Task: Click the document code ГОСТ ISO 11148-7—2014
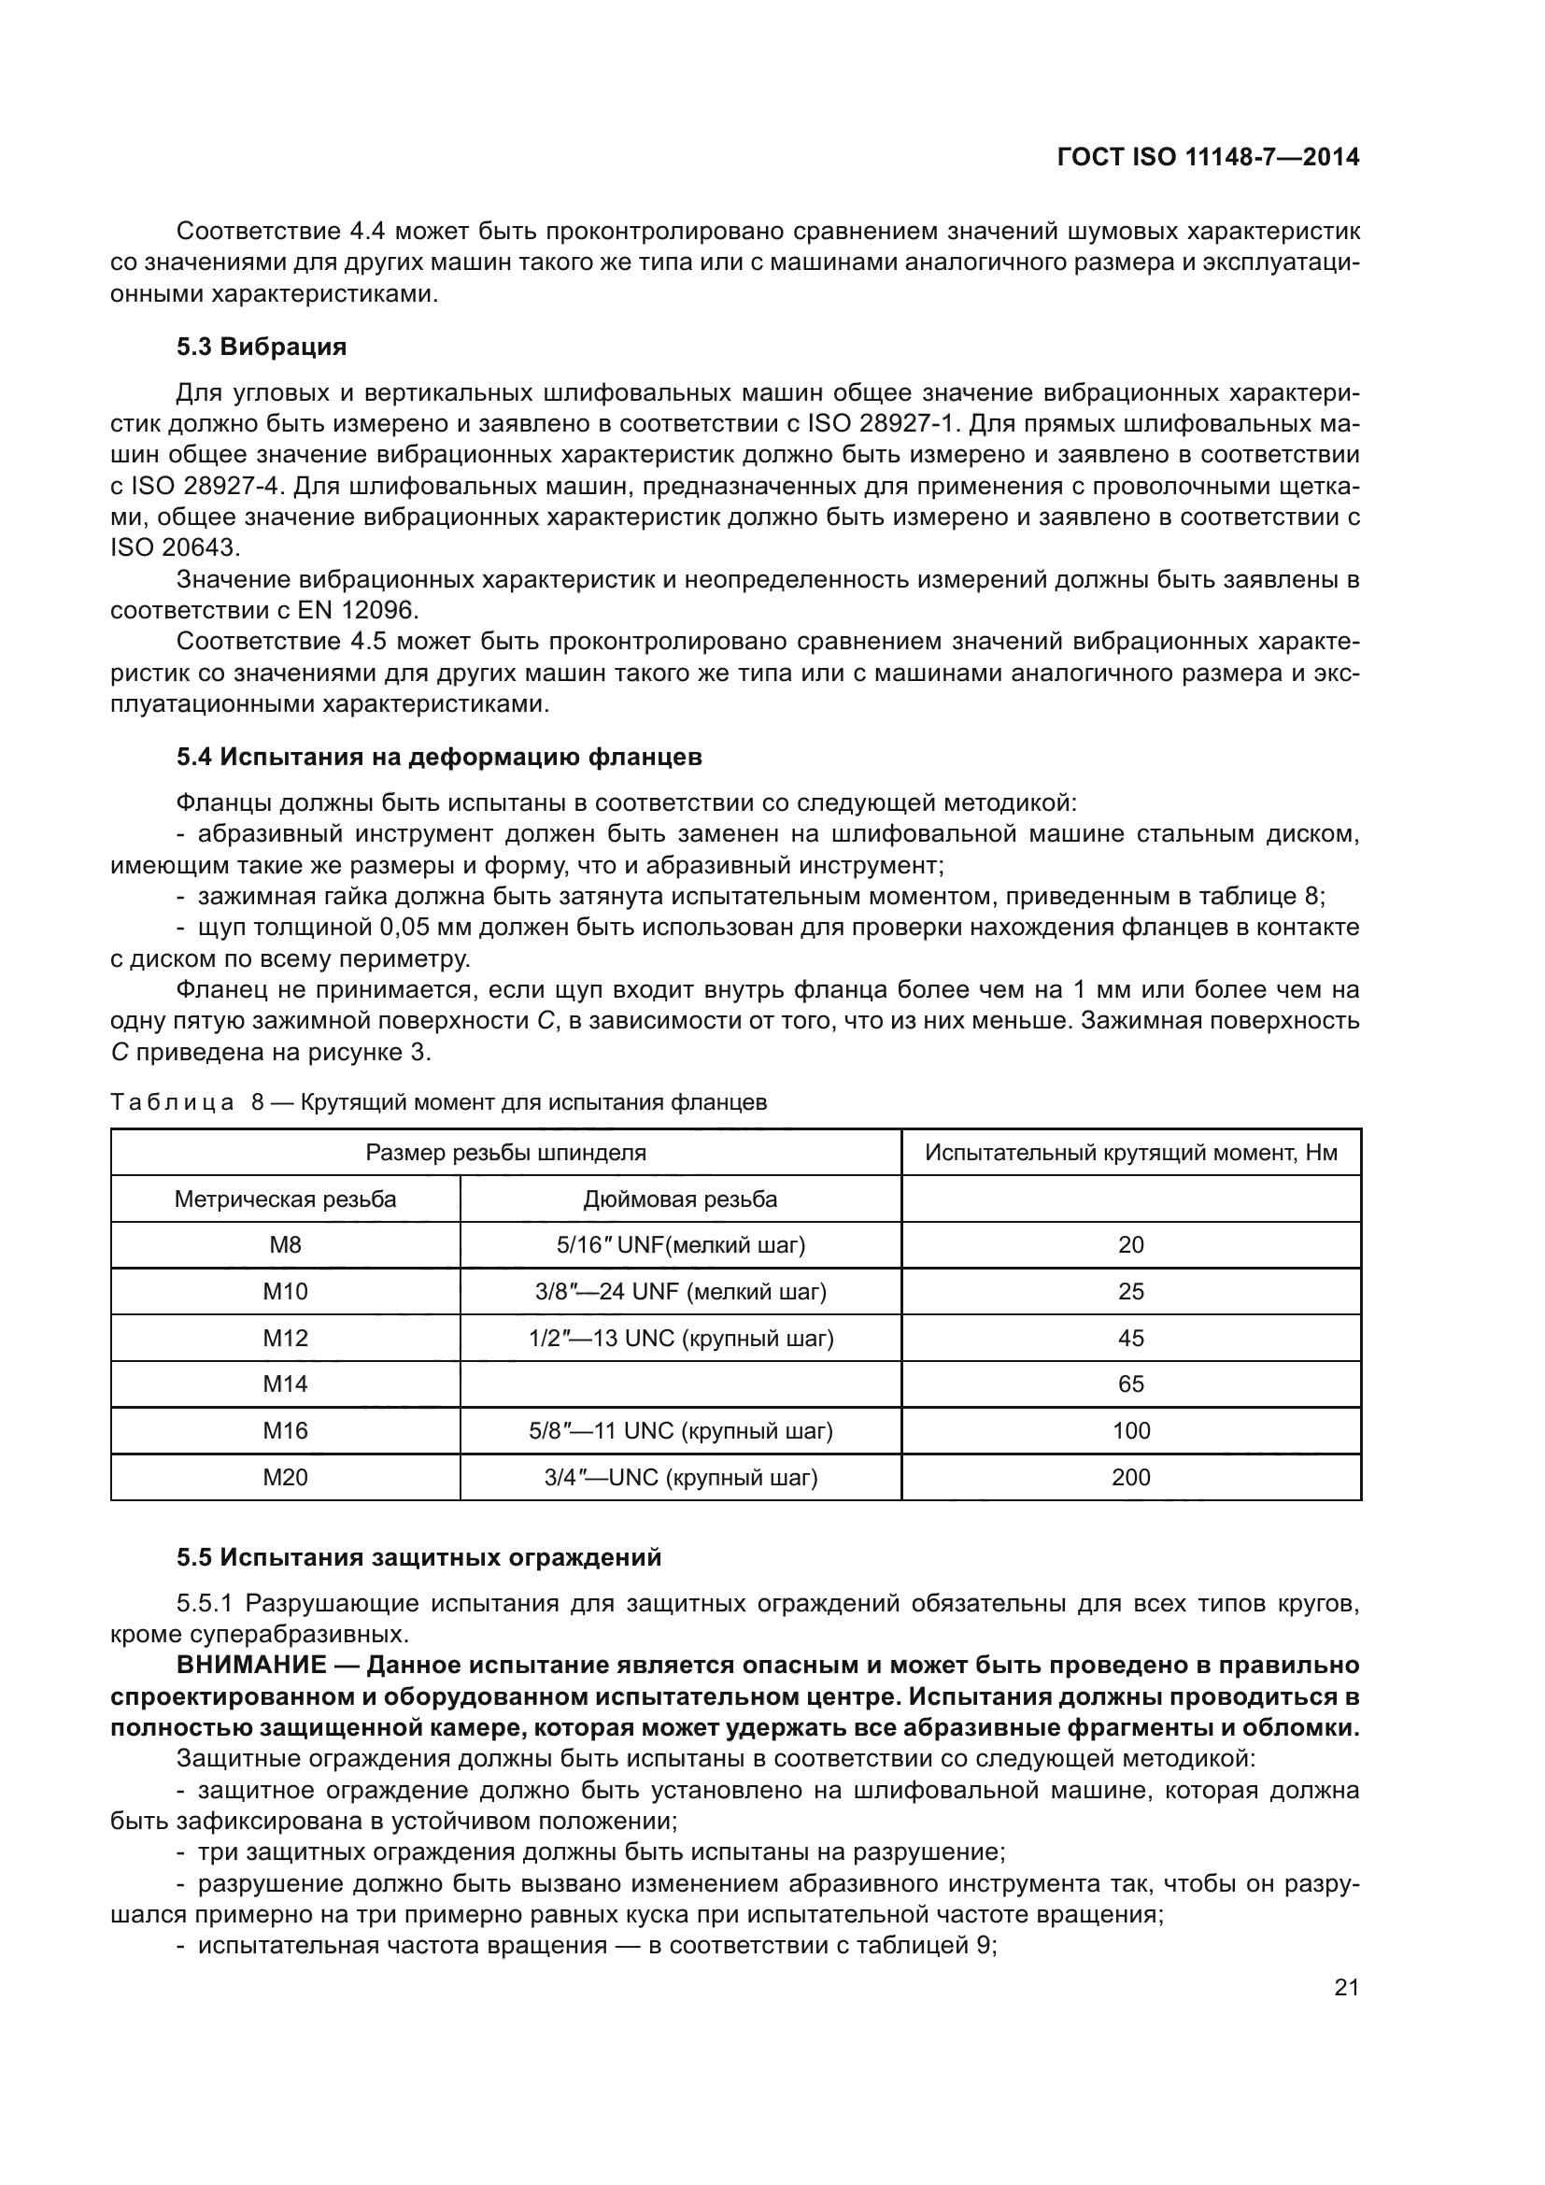[x=1207, y=157]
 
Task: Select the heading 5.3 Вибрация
[x=262, y=347]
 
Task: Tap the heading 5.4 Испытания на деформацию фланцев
[x=439, y=758]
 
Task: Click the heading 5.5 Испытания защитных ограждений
[x=418, y=1558]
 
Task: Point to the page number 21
[x=1346, y=1987]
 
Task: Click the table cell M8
[x=285, y=1244]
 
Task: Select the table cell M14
[x=285, y=1383]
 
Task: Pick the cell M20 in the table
[x=285, y=1477]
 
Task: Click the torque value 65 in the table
[x=1130, y=1383]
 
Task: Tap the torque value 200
[x=1130, y=1477]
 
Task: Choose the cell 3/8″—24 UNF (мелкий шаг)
[x=680, y=1291]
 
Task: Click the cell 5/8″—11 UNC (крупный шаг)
[x=680, y=1430]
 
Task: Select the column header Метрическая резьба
[x=285, y=1199]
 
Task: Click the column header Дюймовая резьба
[x=680, y=1199]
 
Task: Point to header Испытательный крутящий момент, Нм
[x=1130, y=1153]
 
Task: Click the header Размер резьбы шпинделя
[x=505, y=1153]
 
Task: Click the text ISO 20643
[x=175, y=548]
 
